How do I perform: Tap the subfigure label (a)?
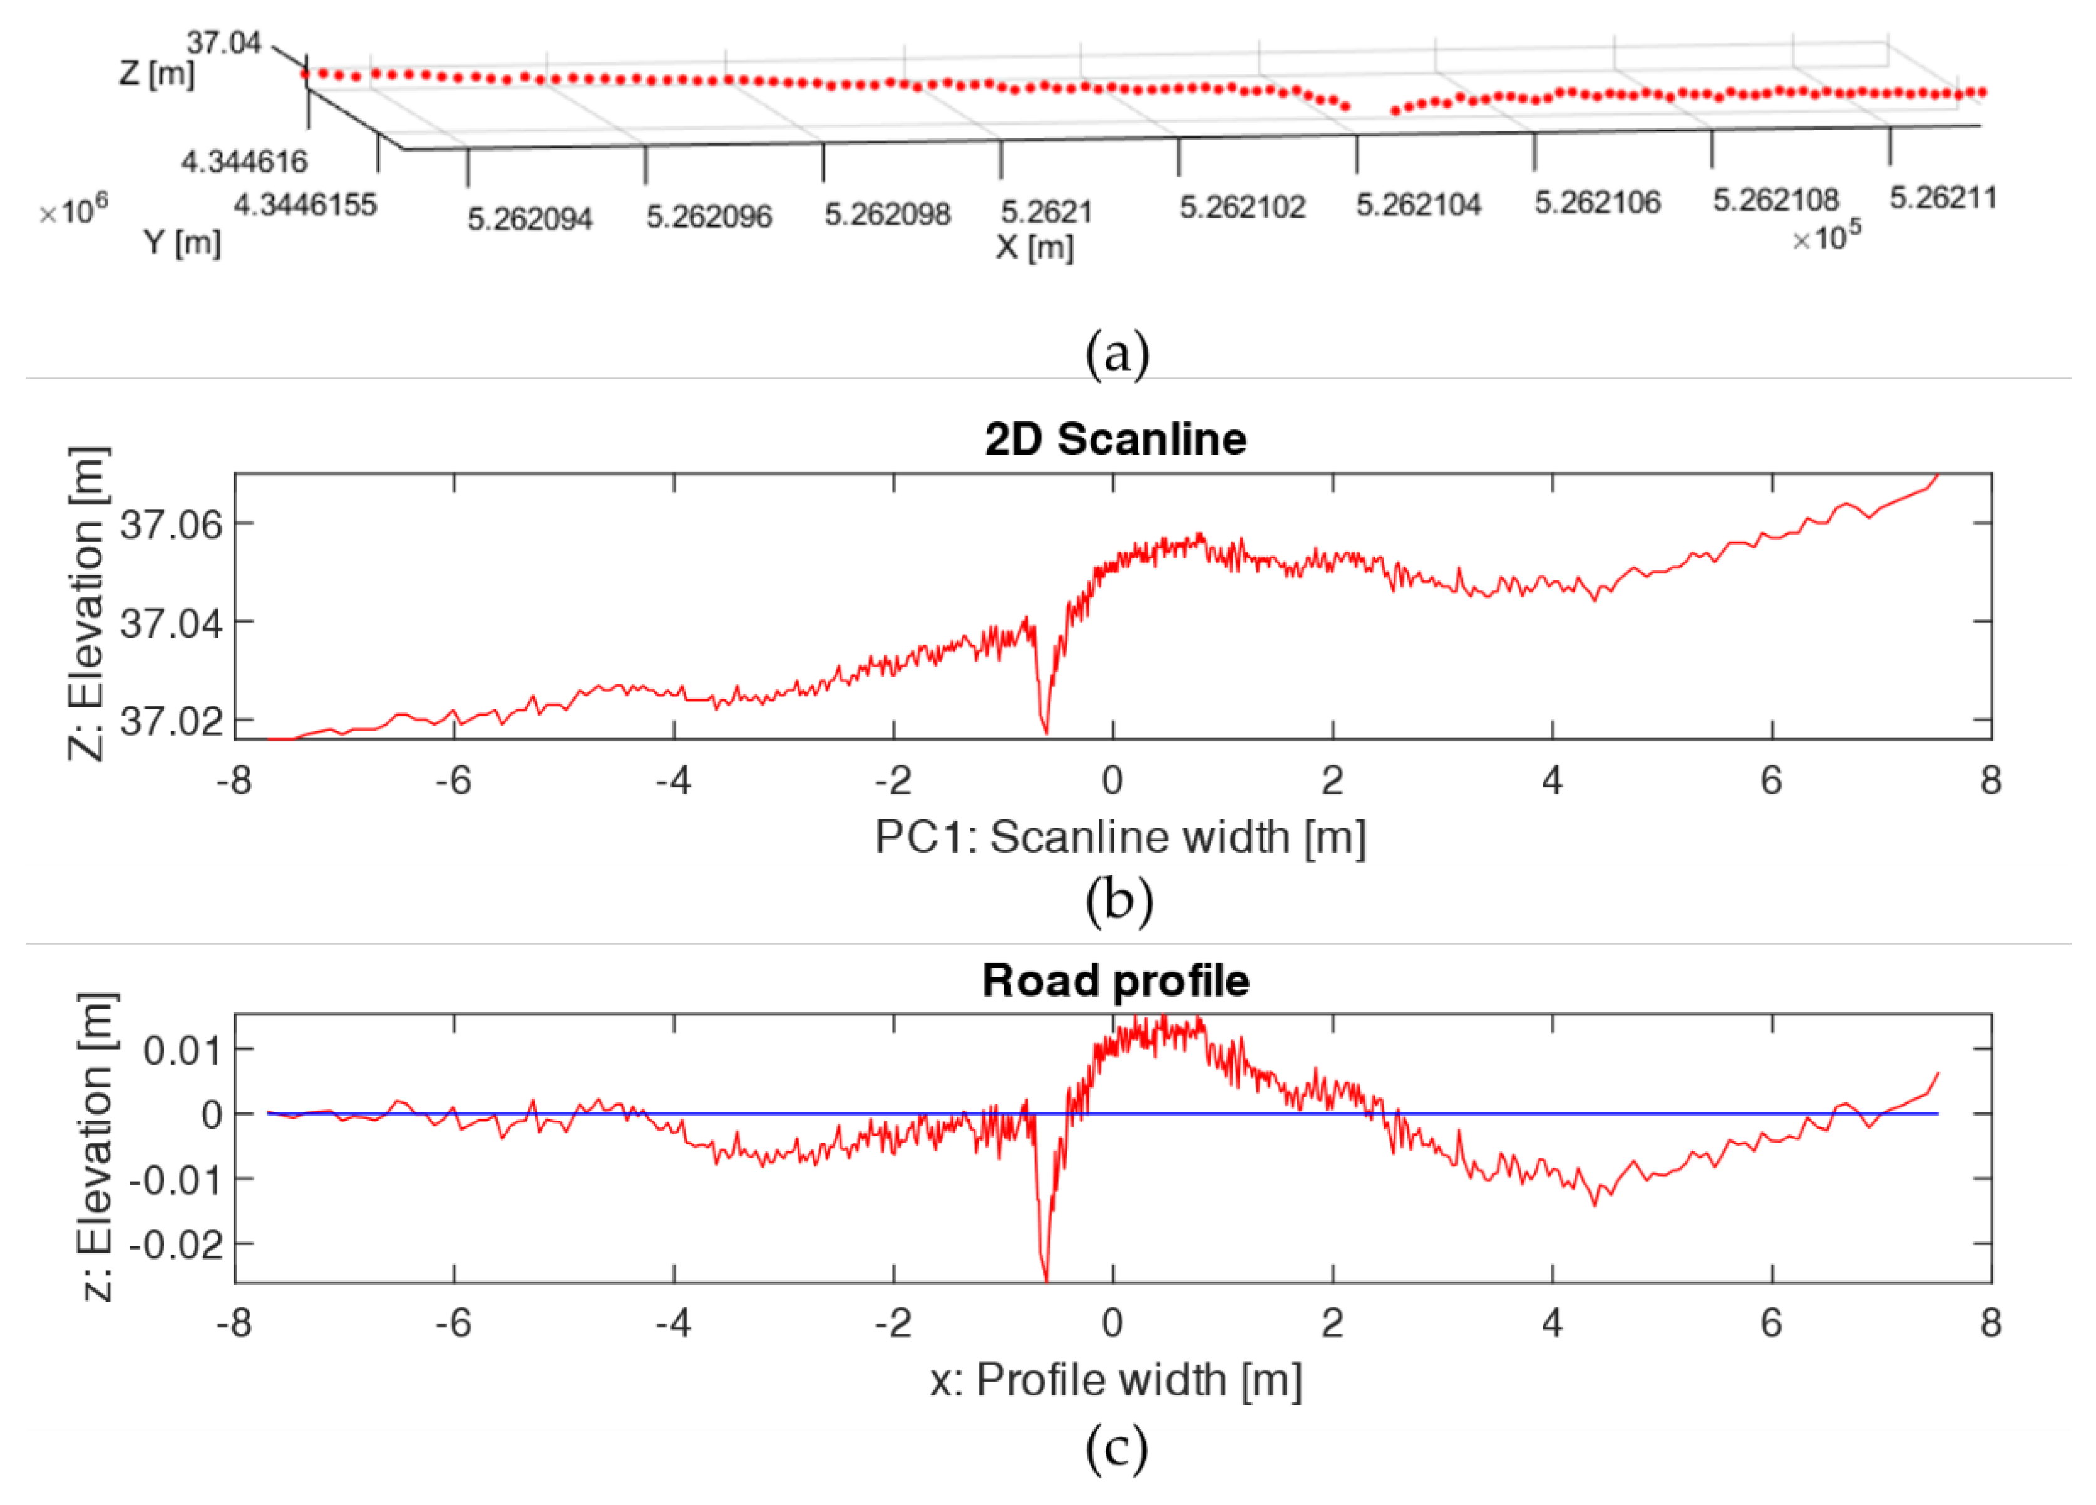coord(1117,354)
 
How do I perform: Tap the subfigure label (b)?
coord(1118,899)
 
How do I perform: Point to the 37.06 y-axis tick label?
coord(172,525)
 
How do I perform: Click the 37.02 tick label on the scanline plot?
coord(172,722)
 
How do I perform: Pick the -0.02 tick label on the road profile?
coord(175,1245)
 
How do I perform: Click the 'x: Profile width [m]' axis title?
coord(1116,1380)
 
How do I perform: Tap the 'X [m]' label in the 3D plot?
coord(1034,248)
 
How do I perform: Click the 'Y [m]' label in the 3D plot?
coord(182,243)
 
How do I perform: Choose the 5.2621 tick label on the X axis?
coord(1046,212)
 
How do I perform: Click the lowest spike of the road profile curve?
coord(1045,1278)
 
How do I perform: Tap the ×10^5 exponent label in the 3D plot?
coord(1826,237)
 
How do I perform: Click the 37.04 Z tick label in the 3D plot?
coord(225,43)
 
